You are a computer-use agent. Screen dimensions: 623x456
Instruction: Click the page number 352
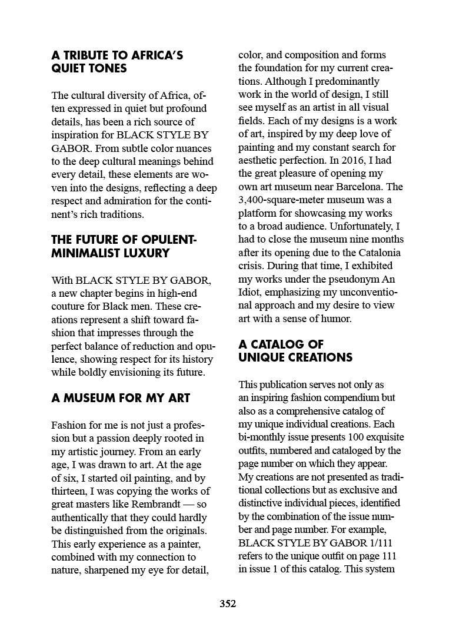(228, 604)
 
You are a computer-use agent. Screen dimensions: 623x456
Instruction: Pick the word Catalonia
(375, 253)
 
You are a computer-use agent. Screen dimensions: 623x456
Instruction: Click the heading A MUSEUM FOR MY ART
(121, 397)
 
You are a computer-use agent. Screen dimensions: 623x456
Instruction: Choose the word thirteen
(71, 491)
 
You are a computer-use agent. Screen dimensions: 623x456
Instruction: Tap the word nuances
(190, 148)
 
